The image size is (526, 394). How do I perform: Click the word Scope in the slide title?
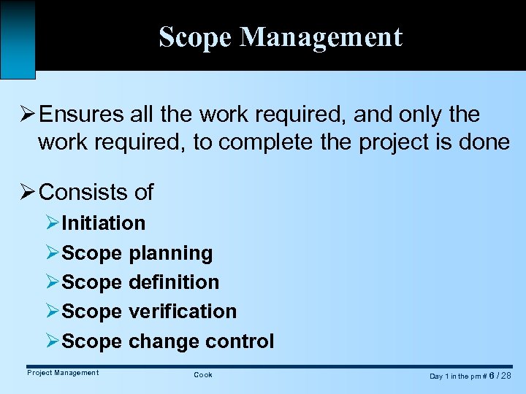click(x=194, y=37)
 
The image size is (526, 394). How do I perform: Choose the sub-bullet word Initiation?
click(x=104, y=223)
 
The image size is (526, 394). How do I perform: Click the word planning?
click(x=170, y=253)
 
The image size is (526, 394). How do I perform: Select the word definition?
click(x=173, y=282)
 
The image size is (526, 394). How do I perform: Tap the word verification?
click(x=182, y=312)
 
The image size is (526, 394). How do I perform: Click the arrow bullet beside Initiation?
click(x=52, y=223)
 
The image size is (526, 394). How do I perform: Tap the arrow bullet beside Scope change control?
click(x=52, y=341)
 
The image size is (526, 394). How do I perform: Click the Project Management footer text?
click(x=63, y=373)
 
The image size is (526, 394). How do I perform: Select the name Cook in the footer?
click(x=203, y=375)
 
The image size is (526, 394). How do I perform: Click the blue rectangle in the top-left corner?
click(x=18, y=39)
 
